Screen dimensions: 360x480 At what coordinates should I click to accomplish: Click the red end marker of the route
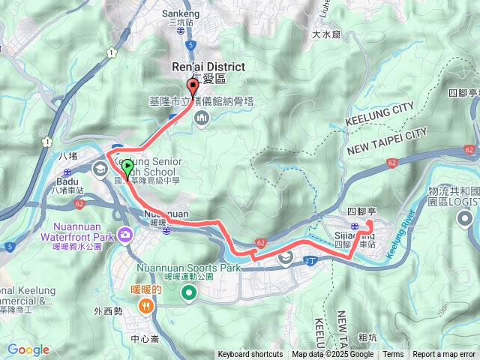pos(191,85)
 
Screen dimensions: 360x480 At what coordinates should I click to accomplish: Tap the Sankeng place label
pos(181,13)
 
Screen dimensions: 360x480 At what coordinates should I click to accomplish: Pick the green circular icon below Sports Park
pos(187,293)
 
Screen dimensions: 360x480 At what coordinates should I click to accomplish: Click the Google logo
pos(28,349)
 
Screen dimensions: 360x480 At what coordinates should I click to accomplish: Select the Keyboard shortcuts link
pos(250,355)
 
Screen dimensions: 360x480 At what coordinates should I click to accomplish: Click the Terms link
pos(393,355)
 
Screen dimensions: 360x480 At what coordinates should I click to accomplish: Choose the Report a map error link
pos(444,355)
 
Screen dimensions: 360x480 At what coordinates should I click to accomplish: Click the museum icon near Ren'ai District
pos(202,118)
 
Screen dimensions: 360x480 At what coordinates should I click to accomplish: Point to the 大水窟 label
pos(327,34)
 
